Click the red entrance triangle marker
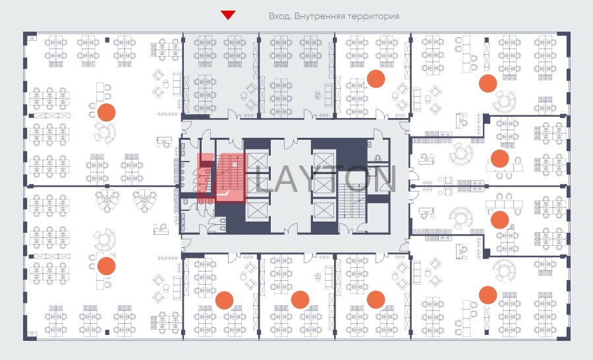point(228,15)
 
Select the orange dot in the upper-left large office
point(106,112)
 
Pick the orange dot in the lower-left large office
point(106,266)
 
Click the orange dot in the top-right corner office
point(488,83)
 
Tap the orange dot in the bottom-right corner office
point(488,295)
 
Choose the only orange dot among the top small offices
point(376,78)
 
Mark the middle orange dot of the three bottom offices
point(300,300)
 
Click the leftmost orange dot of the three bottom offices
point(224,300)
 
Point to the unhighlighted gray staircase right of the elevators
point(352,200)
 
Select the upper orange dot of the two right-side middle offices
point(499,159)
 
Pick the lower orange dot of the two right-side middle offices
point(499,220)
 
